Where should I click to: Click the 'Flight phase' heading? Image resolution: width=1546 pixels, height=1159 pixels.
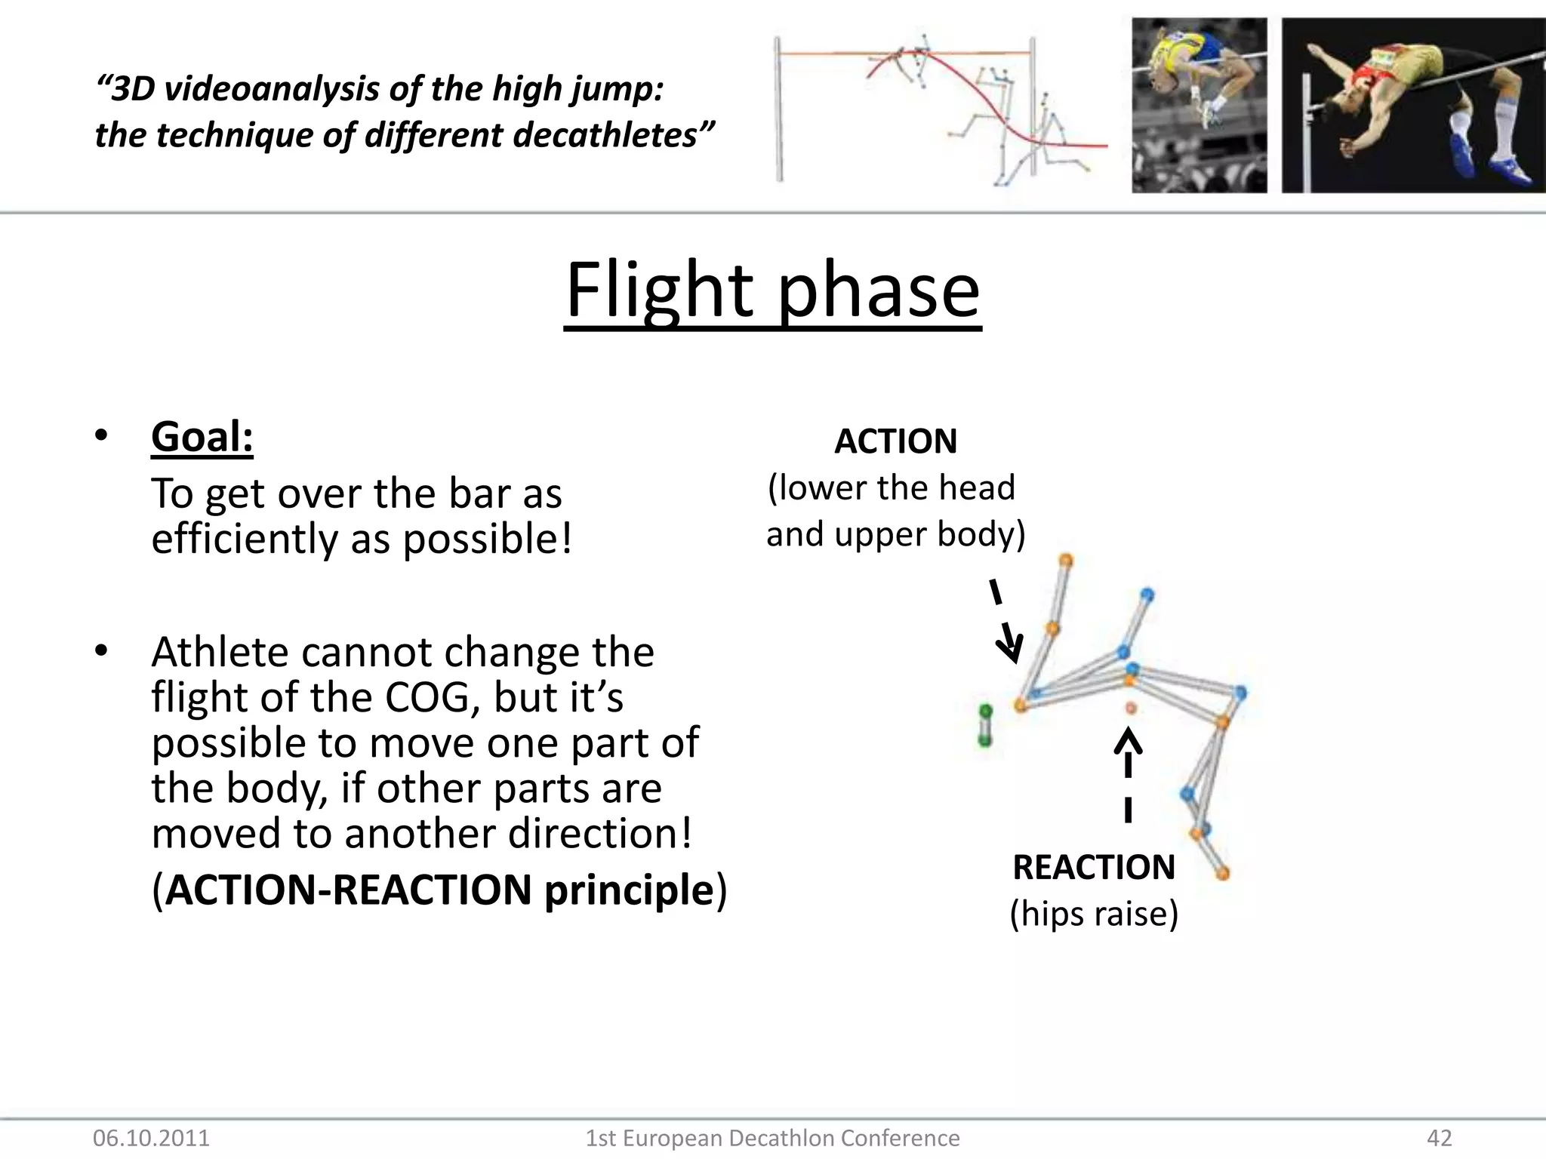coord(772,291)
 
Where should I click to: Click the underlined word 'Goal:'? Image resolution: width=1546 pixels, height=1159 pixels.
coord(202,437)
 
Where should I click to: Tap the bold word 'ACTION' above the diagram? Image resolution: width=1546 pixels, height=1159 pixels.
coord(895,441)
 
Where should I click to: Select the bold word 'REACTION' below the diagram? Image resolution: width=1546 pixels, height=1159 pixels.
coord(1094,867)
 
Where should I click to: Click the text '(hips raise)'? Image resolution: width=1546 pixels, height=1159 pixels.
coord(1094,914)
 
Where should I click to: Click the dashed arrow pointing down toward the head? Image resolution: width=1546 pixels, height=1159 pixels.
coord(1005,623)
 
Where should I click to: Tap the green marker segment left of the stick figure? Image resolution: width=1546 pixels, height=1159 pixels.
coord(985,726)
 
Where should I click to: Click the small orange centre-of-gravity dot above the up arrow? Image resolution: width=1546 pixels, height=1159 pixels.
coord(1131,708)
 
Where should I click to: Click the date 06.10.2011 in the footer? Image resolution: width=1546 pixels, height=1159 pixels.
coord(151,1138)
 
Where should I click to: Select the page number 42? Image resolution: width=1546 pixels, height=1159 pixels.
coord(1440,1138)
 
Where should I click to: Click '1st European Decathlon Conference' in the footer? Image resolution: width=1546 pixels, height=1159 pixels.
coord(772,1138)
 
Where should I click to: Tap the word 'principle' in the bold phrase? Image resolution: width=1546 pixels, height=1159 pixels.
coord(628,890)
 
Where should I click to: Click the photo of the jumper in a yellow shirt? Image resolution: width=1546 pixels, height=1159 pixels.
coord(1199,106)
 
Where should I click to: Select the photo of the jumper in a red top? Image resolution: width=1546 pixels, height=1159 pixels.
coord(1413,106)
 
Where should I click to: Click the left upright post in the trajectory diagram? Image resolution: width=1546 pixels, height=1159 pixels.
coord(778,109)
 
